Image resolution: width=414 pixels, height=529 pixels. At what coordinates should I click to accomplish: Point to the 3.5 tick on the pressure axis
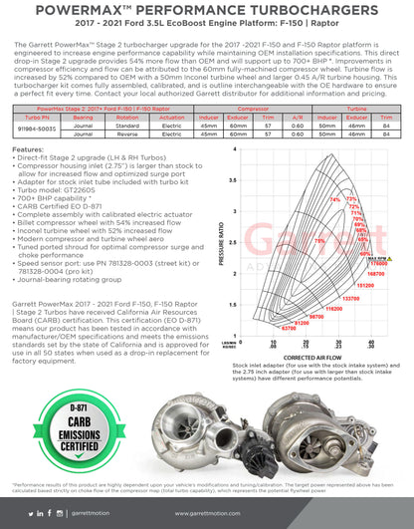[234, 182]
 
